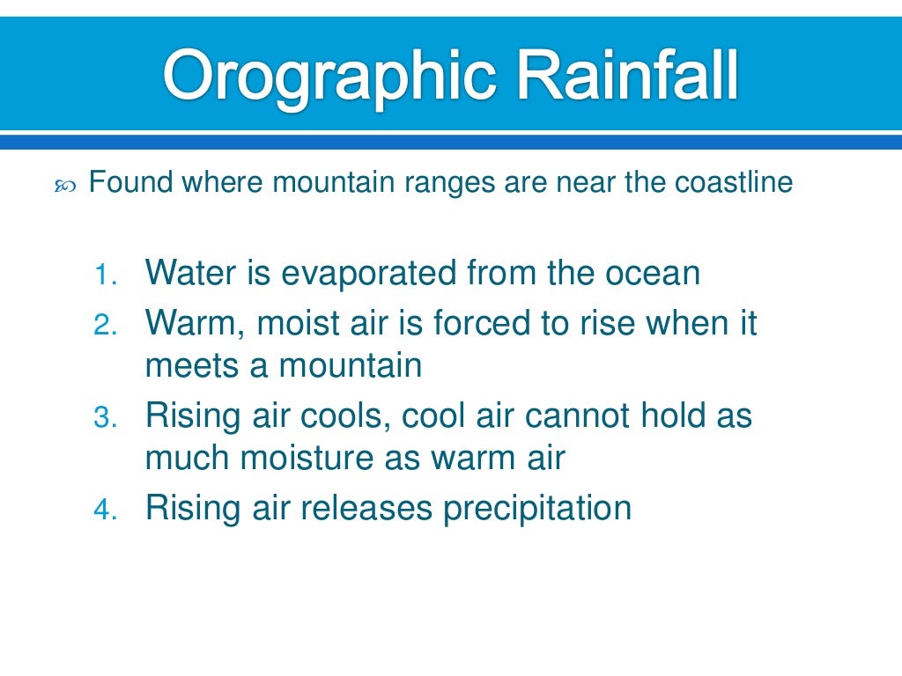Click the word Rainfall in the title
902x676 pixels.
click(627, 77)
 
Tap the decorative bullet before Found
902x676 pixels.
click(66, 186)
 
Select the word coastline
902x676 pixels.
click(734, 183)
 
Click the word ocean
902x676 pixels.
click(652, 274)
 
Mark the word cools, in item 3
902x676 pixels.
click(347, 415)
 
